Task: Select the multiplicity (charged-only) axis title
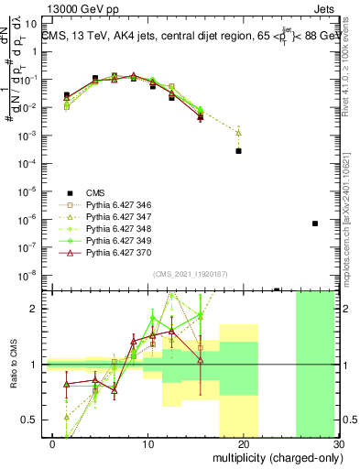point(276,457)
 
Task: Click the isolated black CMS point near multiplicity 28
point(314,223)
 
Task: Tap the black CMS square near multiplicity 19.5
point(238,151)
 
